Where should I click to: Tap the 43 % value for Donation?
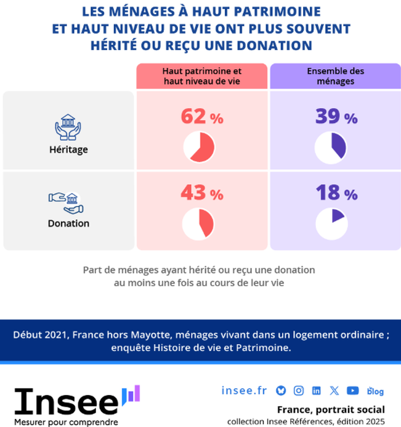tap(201, 193)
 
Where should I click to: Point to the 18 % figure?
tap(336, 193)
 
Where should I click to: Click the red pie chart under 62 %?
tap(199, 148)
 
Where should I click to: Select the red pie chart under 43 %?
tap(199, 224)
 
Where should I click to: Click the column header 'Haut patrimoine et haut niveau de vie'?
tap(201, 75)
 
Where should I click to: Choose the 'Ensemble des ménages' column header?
tap(335, 75)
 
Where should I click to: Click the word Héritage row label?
tap(69, 149)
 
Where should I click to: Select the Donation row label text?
tap(69, 223)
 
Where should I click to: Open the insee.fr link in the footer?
tap(244, 390)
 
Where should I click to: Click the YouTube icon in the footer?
tap(352, 391)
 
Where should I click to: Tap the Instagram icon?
tap(299, 391)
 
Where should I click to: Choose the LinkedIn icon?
tap(317, 391)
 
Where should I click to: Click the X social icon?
tap(334, 391)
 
